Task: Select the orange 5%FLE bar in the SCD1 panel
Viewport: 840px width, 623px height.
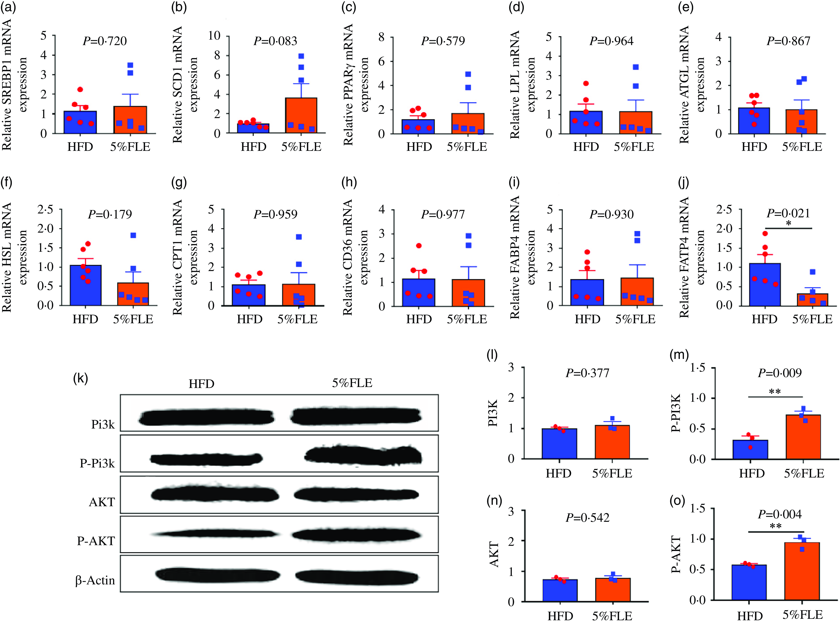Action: click(x=301, y=115)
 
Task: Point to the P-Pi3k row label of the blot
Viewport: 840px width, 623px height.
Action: click(x=97, y=463)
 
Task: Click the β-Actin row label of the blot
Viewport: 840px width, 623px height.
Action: click(x=95, y=580)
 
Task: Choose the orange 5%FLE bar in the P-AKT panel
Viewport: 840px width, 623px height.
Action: click(x=802, y=571)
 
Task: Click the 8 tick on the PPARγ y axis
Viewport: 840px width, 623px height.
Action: click(x=381, y=37)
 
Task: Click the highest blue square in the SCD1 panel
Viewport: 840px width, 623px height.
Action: click(x=301, y=56)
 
